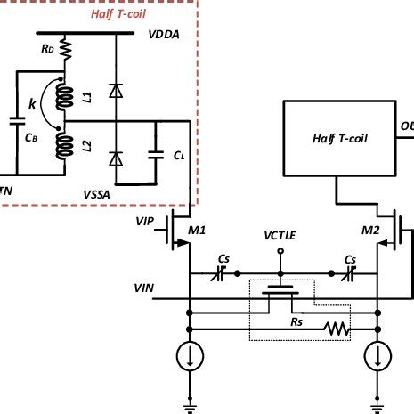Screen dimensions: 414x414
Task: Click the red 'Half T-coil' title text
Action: coord(118,14)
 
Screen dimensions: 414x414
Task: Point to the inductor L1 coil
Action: coord(62,96)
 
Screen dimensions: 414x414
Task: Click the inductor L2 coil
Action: coord(62,147)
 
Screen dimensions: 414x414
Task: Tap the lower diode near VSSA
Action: coord(113,158)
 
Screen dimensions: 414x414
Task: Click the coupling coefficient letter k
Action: coord(32,105)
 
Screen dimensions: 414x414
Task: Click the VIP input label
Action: coord(148,219)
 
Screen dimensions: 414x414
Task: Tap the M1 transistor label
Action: coord(197,231)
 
